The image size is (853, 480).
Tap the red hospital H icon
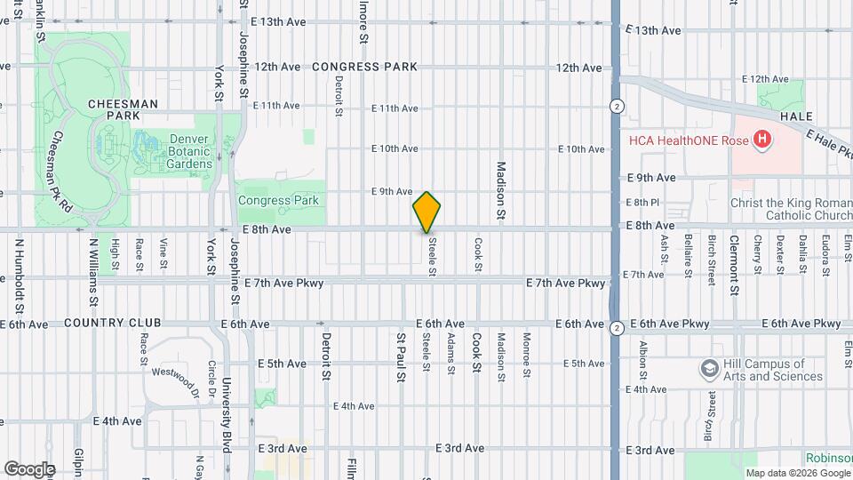(761, 139)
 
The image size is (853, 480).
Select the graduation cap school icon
(709, 368)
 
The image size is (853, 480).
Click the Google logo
(29, 468)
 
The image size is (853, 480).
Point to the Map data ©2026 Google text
(797, 472)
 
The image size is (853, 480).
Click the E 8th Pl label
(642, 203)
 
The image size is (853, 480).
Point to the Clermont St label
(735, 266)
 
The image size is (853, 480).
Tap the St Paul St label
(401, 358)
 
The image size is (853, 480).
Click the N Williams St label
(92, 266)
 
